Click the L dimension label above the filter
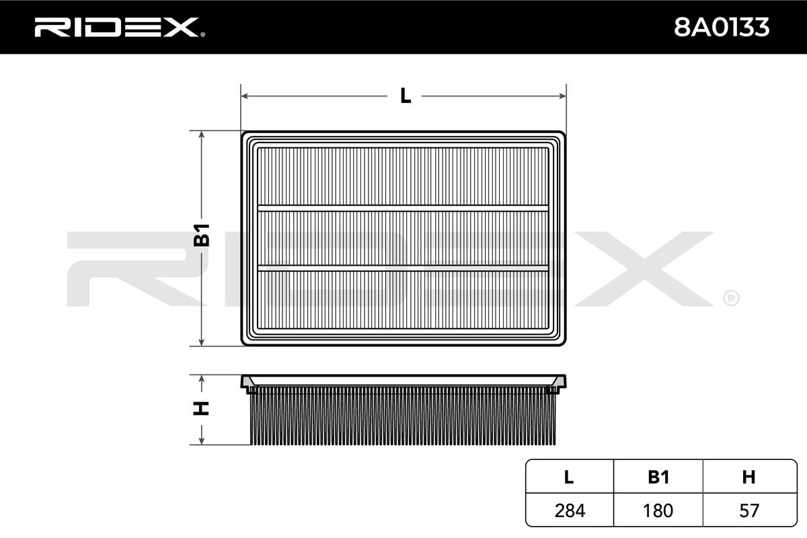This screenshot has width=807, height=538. [405, 96]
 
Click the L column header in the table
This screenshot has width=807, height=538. [569, 477]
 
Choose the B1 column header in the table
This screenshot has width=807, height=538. [658, 477]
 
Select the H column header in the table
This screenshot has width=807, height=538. [748, 477]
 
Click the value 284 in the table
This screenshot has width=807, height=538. [569, 510]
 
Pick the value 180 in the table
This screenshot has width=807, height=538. [658, 510]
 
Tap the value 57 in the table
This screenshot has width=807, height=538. [748, 510]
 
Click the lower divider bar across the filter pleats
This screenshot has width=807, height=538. [403, 268]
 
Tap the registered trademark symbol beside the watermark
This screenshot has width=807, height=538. [731, 297]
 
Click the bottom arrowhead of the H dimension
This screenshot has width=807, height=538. [202, 440]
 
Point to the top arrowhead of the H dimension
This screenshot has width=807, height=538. [202, 379]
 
